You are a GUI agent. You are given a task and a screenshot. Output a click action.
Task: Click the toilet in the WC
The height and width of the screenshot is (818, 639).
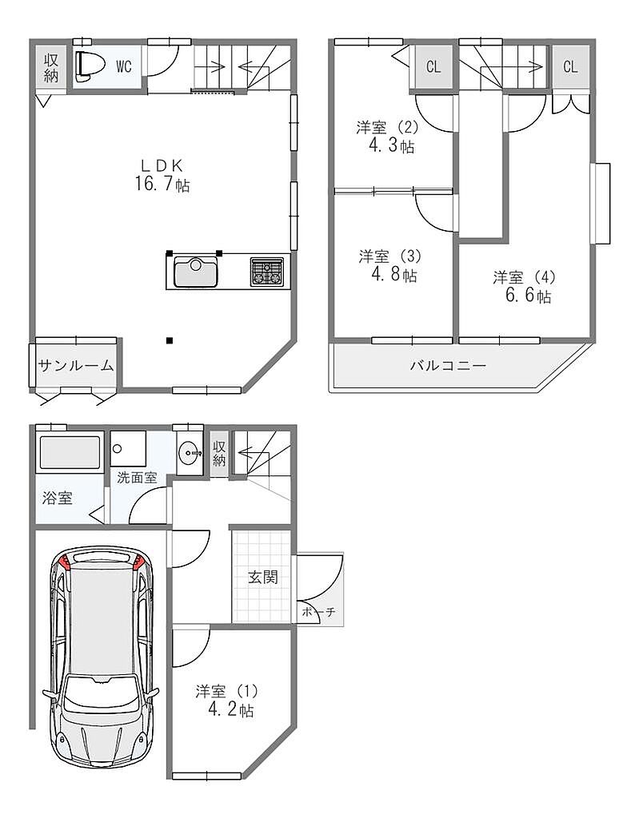click(85, 66)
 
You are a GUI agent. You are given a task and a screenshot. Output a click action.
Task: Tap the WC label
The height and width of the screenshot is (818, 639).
click(124, 66)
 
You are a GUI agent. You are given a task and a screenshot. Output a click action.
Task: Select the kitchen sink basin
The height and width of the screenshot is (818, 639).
click(196, 272)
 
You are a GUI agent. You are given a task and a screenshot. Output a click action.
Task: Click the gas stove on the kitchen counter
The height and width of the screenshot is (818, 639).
click(268, 272)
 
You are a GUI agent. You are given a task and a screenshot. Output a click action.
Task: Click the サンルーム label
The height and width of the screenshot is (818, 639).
click(76, 366)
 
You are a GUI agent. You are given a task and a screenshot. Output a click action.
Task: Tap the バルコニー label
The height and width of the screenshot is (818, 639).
click(448, 365)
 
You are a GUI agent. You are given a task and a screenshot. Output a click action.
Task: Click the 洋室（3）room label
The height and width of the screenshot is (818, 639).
click(389, 256)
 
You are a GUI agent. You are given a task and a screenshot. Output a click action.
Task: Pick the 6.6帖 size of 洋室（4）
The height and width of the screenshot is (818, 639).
click(528, 296)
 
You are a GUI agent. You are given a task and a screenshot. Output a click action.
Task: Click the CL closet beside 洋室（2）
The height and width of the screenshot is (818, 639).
click(433, 67)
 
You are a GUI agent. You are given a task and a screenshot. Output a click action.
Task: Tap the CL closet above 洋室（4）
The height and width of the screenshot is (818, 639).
click(570, 67)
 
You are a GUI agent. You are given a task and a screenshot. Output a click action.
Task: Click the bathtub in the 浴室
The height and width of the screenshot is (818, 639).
click(70, 453)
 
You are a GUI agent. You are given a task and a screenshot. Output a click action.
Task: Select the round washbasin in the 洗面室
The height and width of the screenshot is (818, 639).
click(189, 452)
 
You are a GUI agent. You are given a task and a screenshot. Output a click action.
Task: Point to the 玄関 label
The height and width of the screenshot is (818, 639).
click(262, 577)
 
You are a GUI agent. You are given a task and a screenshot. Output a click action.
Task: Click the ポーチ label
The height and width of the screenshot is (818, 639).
click(318, 612)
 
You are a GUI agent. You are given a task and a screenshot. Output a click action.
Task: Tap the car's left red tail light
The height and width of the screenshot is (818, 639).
click(65, 563)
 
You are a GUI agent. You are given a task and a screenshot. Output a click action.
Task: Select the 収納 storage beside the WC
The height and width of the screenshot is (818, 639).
click(50, 67)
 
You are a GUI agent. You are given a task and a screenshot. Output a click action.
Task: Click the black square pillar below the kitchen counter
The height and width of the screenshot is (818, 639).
click(169, 341)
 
